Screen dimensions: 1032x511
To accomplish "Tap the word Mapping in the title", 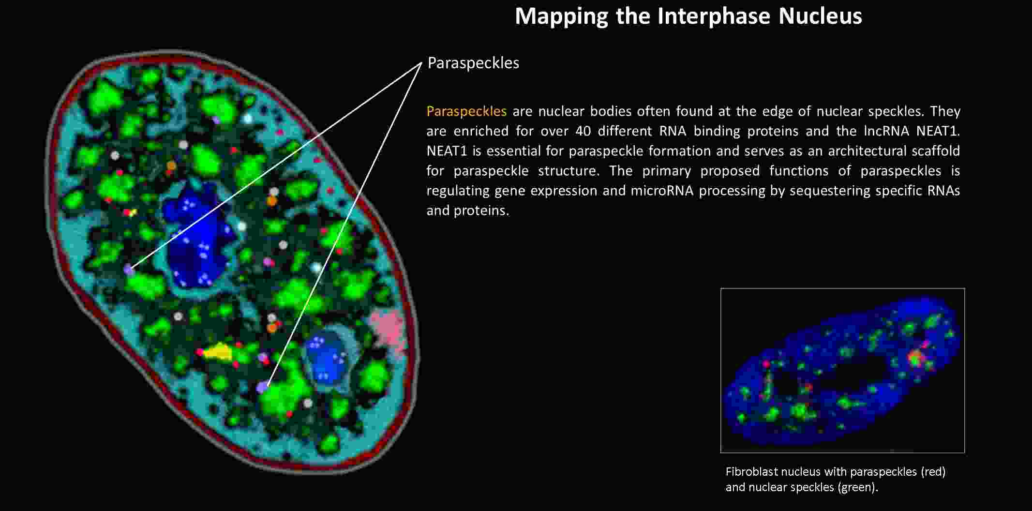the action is (561, 16).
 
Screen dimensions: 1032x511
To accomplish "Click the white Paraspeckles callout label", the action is (473, 63).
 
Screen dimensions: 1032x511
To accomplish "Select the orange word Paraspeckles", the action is (466, 111).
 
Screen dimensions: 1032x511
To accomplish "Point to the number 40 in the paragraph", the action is (583, 131).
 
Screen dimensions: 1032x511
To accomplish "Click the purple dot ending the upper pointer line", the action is (129, 270).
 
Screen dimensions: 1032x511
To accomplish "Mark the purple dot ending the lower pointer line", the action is (262, 387).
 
